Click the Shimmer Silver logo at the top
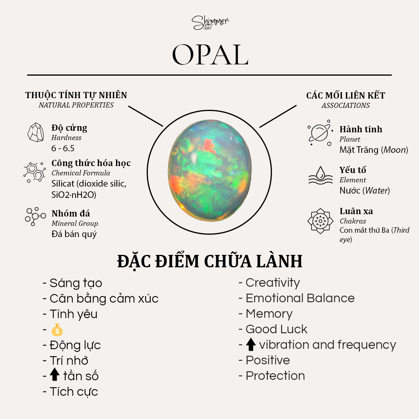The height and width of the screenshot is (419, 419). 210,23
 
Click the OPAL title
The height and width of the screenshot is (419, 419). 210,55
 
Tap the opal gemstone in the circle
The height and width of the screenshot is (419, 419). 210,170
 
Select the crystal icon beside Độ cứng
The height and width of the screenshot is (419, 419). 36,132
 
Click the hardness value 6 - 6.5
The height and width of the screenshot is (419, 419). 63,148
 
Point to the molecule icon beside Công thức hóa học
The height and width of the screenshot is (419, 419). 35,172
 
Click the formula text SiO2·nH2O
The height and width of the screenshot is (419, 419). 74,195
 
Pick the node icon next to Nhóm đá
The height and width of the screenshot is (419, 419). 35,216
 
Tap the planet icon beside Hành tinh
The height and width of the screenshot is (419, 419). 320,133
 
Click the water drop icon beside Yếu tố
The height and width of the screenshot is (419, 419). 320,175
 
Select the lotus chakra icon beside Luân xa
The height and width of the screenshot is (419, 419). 320,221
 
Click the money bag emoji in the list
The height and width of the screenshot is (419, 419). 57,330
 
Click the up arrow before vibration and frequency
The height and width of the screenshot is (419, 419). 251,344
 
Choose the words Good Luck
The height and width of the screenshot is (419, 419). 276,329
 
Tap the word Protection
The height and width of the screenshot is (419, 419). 275,376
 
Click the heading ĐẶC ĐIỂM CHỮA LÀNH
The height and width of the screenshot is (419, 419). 210,261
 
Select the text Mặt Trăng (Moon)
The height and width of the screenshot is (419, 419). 374,150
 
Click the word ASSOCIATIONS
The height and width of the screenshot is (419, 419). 346,106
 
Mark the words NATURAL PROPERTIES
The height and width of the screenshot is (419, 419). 76,105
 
